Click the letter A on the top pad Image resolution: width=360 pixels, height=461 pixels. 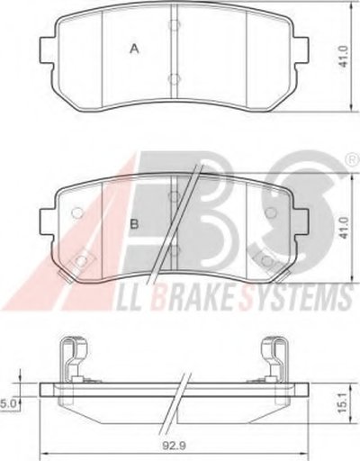(134, 49)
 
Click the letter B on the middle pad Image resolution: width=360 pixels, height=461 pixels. (135, 224)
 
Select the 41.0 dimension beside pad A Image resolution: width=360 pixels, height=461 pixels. (344, 56)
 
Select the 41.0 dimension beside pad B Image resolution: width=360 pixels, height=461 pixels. (344, 228)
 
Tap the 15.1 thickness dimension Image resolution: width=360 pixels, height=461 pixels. (344, 403)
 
